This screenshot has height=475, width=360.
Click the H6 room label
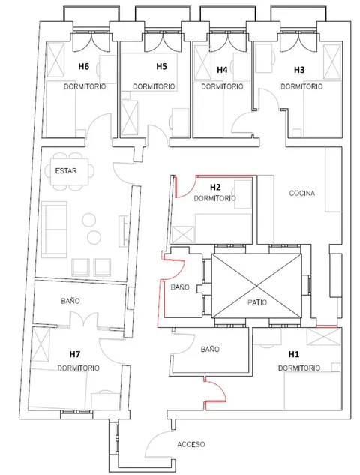pos(83,66)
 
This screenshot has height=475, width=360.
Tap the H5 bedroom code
pos(161,66)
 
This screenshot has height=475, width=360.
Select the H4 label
pos(222,70)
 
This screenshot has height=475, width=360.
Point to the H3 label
pos(299,70)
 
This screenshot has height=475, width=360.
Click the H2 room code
pos(215,187)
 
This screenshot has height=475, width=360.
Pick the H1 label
pos(294,354)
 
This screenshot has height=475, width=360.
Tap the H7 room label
pos(75,354)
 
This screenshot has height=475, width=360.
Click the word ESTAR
pos(66,171)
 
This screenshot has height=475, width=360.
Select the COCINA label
pos(301,193)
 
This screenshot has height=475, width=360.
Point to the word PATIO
pos(257,302)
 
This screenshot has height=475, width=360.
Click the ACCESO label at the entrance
pos(191,444)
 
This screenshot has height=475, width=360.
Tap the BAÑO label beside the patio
pos(180,287)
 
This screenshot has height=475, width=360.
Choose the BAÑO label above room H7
pos(70,301)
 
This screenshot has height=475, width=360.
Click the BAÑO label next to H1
pos(210,349)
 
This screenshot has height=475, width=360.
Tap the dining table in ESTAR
pos(69,171)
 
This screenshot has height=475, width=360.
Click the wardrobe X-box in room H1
pos(324,337)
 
